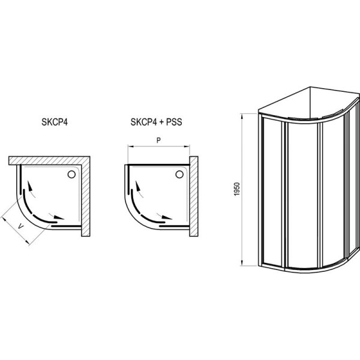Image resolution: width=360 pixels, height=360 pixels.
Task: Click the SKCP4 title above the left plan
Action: pos(55,122)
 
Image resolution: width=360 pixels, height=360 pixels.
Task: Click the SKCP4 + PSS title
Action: pos(157,122)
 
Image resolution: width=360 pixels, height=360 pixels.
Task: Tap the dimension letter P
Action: pos(158,140)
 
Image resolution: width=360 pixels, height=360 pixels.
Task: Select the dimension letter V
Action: pos(20,227)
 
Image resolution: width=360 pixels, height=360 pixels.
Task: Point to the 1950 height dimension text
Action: pos(237,189)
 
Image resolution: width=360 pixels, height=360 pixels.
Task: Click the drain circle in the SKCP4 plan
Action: pos(71,175)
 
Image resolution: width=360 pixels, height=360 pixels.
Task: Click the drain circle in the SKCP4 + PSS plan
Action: pos(179,175)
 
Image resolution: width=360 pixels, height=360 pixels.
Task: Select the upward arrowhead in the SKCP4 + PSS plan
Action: pos(137,186)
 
